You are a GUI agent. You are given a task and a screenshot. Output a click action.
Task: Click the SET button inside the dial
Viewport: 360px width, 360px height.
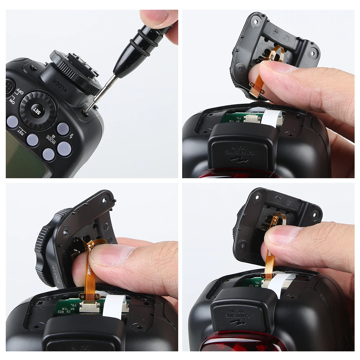click(37, 110)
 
